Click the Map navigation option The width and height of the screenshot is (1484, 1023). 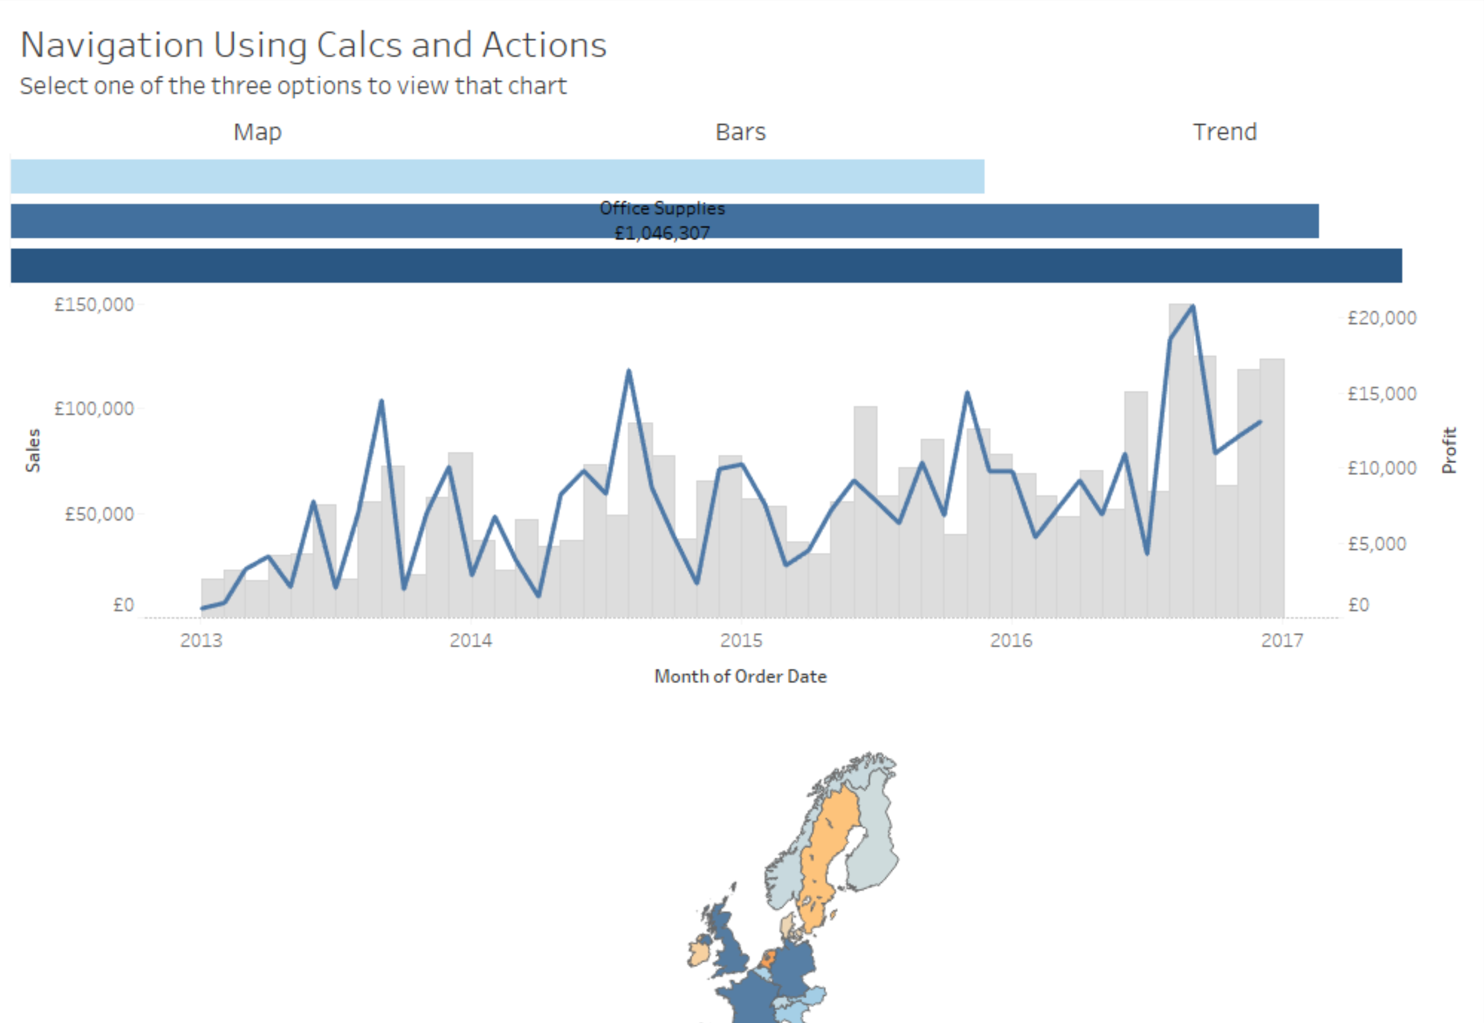[257, 132]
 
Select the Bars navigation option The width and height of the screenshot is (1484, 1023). [740, 132]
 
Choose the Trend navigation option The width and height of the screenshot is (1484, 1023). [1224, 132]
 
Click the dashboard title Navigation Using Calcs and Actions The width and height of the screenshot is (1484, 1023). [313, 45]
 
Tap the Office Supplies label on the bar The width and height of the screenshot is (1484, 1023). [662, 208]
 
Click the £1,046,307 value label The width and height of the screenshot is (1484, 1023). [662, 232]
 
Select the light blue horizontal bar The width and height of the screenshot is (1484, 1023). [497, 177]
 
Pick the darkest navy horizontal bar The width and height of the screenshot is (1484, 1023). [705, 265]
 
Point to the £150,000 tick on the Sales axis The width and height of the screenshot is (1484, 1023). [94, 304]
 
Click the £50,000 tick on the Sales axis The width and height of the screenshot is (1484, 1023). [99, 514]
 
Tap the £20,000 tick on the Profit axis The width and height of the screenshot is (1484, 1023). [1381, 318]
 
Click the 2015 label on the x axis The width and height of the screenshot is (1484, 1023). [741, 640]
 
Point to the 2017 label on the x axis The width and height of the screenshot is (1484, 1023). [1282, 640]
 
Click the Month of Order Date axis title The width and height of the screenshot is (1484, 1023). [740, 676]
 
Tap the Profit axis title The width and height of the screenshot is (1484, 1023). [1450, 450]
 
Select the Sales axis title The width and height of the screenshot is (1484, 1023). [33, 450]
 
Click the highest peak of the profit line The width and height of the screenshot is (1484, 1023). [1192, 307]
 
